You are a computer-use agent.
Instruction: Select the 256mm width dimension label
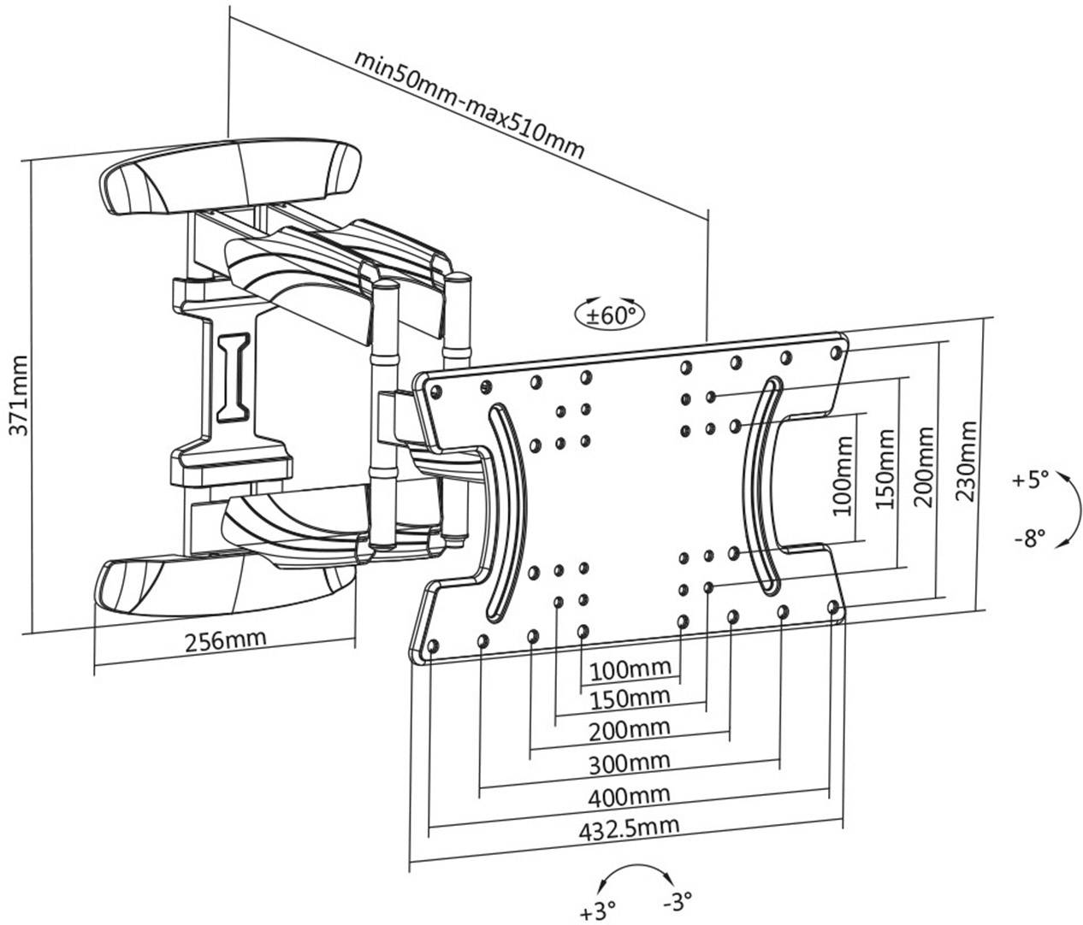coord(225,639)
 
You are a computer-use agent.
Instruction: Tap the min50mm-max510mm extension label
coord(470,107)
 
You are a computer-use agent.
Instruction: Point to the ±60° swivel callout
coord(610,315)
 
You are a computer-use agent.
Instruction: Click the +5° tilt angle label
coord(1029,479)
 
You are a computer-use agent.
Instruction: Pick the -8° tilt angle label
coord(1029,539)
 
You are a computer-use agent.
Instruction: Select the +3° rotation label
coord(598,912)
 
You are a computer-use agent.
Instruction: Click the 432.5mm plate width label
coord(629,827)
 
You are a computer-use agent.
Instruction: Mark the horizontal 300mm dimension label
coord(629,762)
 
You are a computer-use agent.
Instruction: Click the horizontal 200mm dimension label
coord(629,729)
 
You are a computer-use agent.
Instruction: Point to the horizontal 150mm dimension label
coord(629,698)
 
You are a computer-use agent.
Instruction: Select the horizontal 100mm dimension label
coord(629,667)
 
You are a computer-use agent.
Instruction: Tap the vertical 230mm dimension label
coord(966,462)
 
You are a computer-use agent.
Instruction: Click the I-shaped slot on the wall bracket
coord(233,377)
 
